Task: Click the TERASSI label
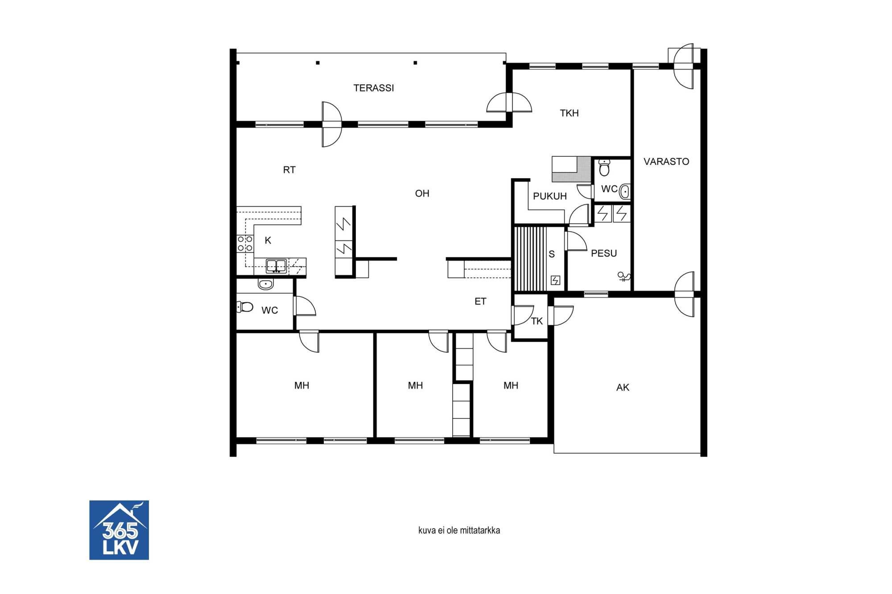pyautogui.click(x=374, y=88)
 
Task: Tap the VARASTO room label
pyautogui.click(x=666, y=162)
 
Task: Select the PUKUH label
pyautogui.click(x=550, y=197)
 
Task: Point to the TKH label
pyautogui.click(x=570, y=113)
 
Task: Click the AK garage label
pyautogui.click(x=623, y=388)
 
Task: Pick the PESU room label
pyautogui.click(x=604, y=254)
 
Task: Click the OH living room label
pyautogui.click(x=422, y=193)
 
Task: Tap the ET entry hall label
pyautogui.click(x=480, y=302)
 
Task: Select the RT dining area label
pyautogui.click(x=289, y=170)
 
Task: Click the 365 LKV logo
pyautogui.click(x=119, y=530)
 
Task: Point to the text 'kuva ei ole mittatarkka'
pyautogui.click(x=459, y=530)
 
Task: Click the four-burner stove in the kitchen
pyautogui.click(x=245, y=244)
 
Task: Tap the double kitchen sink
pyautogui.click(x=277, y=266)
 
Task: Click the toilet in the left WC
pyautogui.click(x=245, y=307)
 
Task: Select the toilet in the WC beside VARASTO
pyautogui.click(x=604, y=168)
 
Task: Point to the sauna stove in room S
pyautogui.click(x=555, y=280)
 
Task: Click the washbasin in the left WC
pyautogui.click(x=266, y=284)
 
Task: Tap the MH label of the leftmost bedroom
pyautogui.click(x=301, y=386)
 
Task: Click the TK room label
pyautogui.click(x=537, y=321)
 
